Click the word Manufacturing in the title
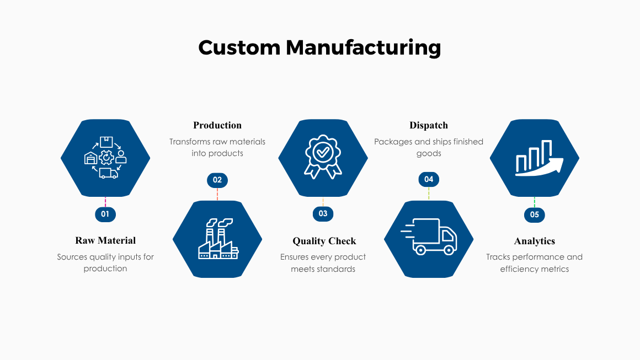click(x=363, y=47)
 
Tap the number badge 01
click(x=105, y=214)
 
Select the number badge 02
click(x=217, y=180)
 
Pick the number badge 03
click(x=323, y=214)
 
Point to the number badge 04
click(x=429, y=179)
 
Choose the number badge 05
click(x=534, y=214)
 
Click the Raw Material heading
click(x=105, y=240)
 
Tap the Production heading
click(x=217, y=125)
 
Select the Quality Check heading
click(x=324, y=241)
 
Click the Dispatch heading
click(x=429, y=125)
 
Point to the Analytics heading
click(x=535, y=241)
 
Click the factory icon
click(x=218, y=239)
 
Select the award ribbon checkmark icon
click(x=323, y=157)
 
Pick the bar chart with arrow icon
click(x=538, y=158)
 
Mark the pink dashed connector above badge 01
click(x=105, y=202)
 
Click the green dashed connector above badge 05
click(x=534, y=202)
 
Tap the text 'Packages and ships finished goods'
click(x=429, y=147)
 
